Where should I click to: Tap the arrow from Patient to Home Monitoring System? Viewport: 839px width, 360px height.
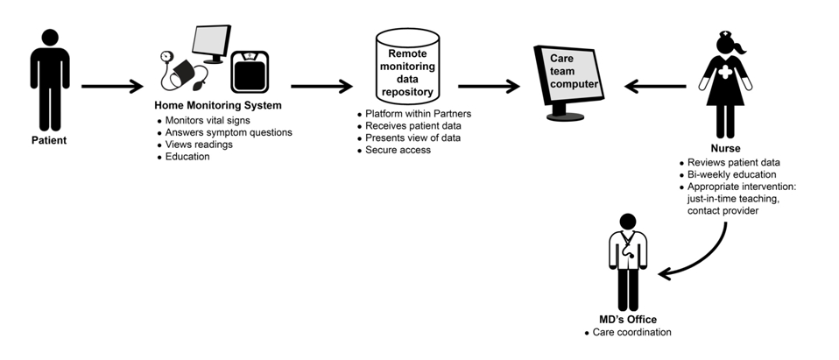[111, 87]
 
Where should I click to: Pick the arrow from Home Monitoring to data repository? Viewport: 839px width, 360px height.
[321, 87]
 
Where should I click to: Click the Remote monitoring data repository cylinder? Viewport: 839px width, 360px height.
[405, 66]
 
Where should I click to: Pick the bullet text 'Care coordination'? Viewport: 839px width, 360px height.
[632, 332]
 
